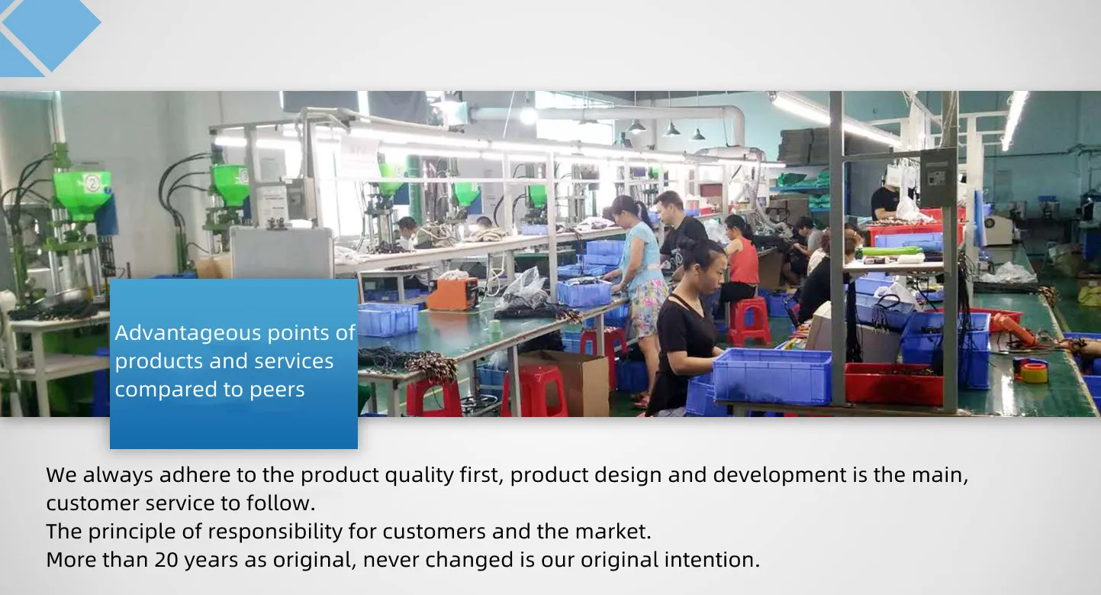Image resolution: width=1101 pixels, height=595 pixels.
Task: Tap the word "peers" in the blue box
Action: (x=277, y=390)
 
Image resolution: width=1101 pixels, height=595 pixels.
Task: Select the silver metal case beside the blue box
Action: (x=282, y=252)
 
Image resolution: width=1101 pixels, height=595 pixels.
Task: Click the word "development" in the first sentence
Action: (x=780, y=475)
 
